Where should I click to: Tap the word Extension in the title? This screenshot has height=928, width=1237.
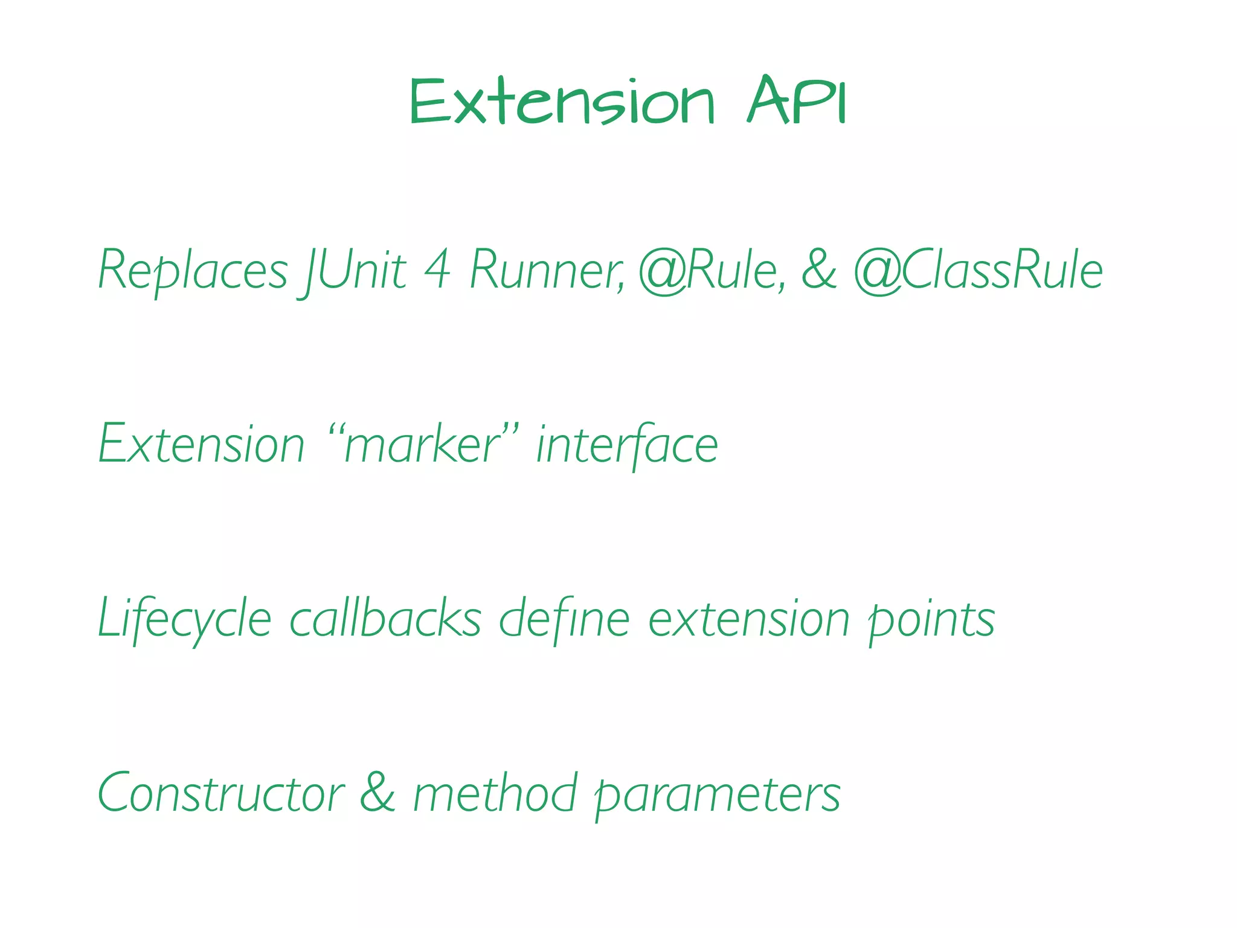pyautogui.click(x=562, y=101)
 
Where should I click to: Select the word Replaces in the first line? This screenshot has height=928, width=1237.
pyautogui.click(x=193, y=271)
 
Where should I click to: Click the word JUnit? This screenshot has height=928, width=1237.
pyautogui.click(x=354, y=271)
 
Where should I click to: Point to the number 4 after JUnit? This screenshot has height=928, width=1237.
pyautogui.click(x=437, y=271)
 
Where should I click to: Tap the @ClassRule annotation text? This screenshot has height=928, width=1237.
pyautogui.click(x=978, y=271)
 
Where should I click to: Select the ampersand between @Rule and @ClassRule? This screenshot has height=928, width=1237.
pyautogui.click(x=819, y=271)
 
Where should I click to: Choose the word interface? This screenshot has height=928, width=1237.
pyautogui.click(x=627, y=445)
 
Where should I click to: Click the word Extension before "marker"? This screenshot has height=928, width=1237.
pyautogui.click(x=202, y=445)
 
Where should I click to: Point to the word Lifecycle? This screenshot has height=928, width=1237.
pyautogui.click(x=185, y=619)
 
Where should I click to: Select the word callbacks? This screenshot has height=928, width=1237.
pyautogui.click(x=385, y=619)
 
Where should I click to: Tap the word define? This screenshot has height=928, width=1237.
pyautogui.click(x=564, y=619)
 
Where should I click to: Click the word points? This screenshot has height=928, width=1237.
pyautogui.click(x=931, y=619)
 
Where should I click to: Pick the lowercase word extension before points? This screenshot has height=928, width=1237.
pyautogui.click(x=749, y=619)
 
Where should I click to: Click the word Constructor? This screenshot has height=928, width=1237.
pyautogui.click(x=221, y=793)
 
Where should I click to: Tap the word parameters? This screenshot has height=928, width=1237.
pyautogui.click(x=718, y=793)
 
